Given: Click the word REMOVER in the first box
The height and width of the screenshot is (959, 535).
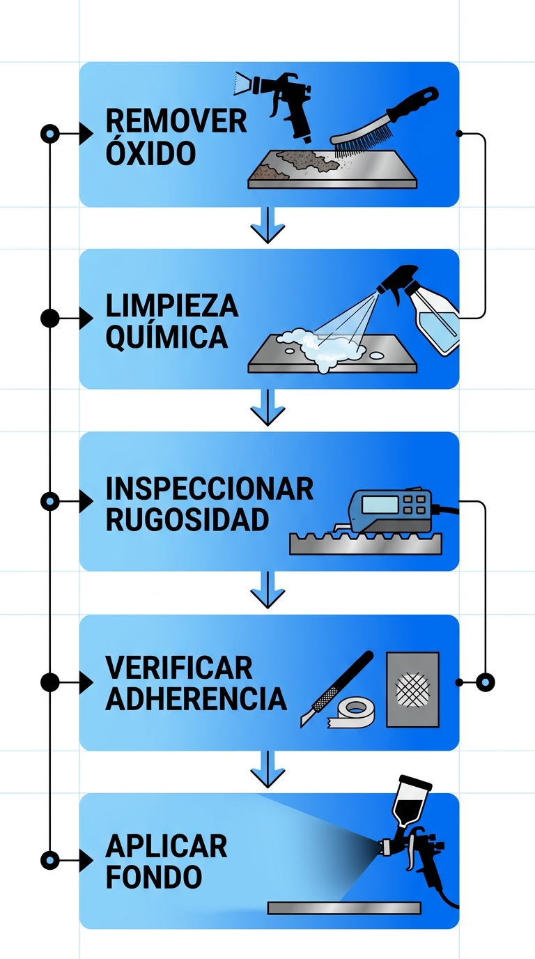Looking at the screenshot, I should [176, 121].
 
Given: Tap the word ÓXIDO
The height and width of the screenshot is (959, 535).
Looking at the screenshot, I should [150, 153].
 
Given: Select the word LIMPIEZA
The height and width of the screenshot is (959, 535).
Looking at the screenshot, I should [172, 306].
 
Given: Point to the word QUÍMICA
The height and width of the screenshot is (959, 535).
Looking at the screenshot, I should [166, 338].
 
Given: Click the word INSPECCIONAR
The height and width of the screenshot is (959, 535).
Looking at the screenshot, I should [209, 489].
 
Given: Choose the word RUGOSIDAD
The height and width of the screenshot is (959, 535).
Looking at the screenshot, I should [187, 521].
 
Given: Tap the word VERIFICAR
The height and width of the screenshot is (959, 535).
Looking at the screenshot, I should [179, 668].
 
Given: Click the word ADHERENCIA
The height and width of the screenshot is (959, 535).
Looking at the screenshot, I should [196, 699].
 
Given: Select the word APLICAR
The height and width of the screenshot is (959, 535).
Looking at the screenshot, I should [166, 847].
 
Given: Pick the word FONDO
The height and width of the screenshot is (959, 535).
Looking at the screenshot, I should [154, 877].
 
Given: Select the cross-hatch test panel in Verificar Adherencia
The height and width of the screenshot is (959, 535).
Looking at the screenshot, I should [413, 689].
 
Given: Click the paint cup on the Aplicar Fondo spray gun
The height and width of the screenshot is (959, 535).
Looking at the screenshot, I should [405, 801].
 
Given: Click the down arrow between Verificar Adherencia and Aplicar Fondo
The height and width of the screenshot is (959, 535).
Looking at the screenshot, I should [267, 769].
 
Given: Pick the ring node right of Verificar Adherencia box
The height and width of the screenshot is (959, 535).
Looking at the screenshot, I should [484, 682].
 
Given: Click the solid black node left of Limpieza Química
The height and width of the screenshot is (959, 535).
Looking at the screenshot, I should [49, 319].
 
